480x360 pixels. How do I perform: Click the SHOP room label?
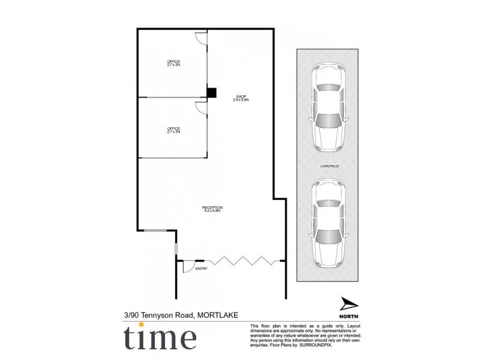(241, 98)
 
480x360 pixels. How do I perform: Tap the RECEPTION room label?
(212, 209)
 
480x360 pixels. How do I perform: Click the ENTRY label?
(201, 269)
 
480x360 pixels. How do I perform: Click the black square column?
(211, 92)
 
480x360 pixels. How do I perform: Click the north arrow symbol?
(348, 304)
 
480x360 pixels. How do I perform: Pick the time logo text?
(160, 338)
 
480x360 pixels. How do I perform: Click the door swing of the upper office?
(202, 38)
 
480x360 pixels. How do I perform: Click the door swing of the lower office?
(202, 108)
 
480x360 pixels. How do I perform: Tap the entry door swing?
(188, 266)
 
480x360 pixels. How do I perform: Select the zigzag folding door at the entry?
(240, 260)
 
